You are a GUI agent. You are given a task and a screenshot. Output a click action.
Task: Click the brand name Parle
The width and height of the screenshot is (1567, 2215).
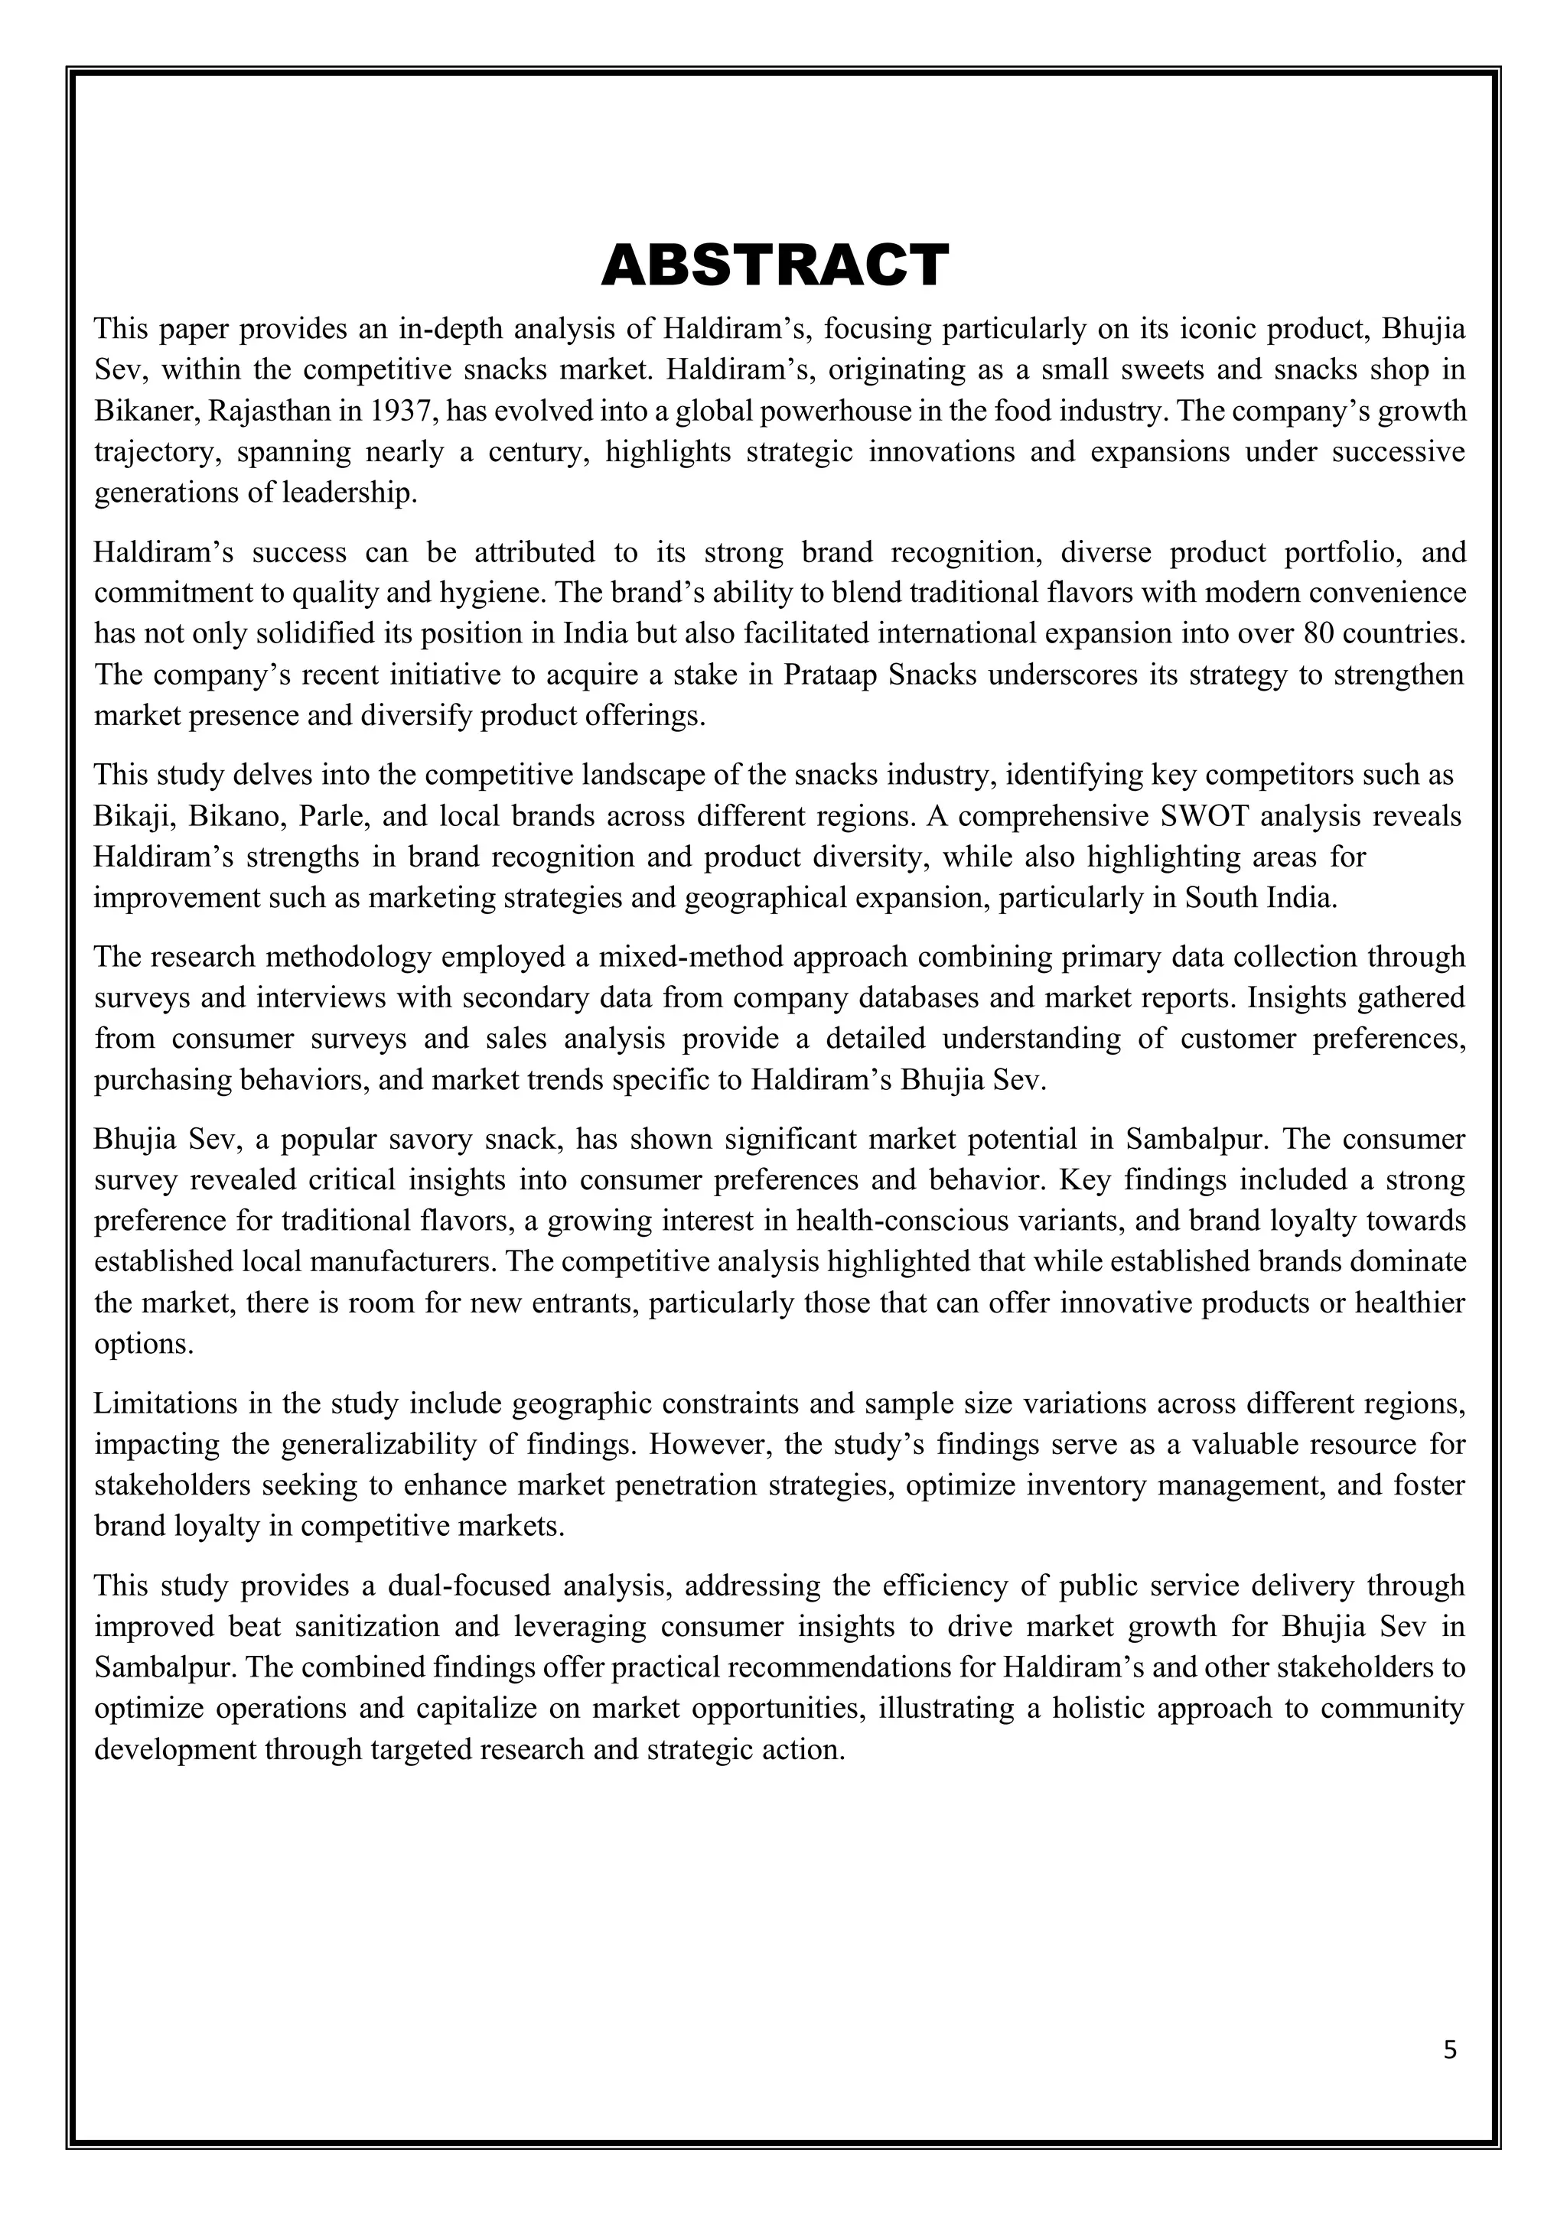(332, 816)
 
